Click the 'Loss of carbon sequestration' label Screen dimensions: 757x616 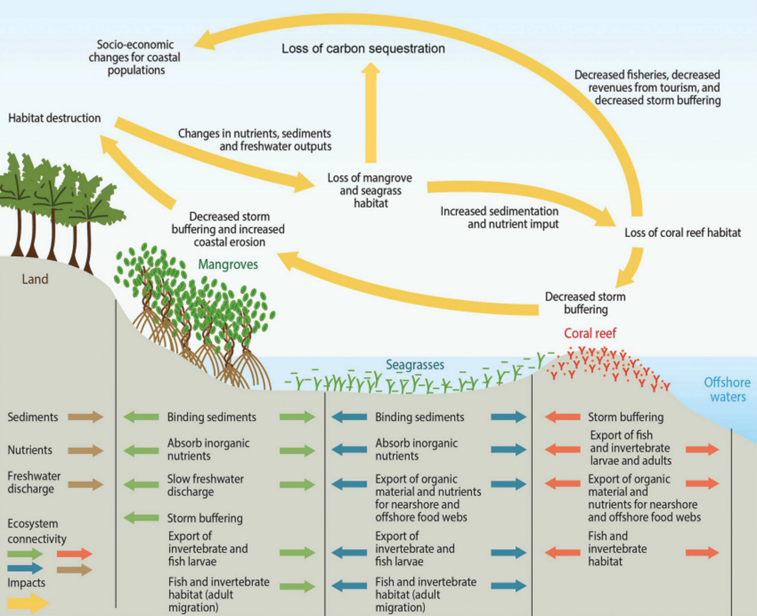[363, 48]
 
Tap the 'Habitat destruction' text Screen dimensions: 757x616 [54, 118]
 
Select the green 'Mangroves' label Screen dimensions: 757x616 [228, 264]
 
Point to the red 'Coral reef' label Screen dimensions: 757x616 [590, 333]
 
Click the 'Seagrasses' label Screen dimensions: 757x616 [415, 365]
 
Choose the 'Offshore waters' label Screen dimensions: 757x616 [727, 390]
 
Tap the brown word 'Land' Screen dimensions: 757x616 [35, 279]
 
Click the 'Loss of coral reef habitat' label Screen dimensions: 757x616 [682, 233]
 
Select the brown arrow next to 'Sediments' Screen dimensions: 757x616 [86, 417]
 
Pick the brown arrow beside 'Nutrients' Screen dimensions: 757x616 [86, 450]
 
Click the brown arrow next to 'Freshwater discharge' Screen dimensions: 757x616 [86, 484]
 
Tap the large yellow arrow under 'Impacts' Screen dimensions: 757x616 [28, 603]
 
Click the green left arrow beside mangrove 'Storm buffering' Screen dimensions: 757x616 [141, 518]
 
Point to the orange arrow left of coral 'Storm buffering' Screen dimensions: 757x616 [562, 417]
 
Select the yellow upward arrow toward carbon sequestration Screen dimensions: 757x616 [371, 112]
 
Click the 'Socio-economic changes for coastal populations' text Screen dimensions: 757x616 [135, 57]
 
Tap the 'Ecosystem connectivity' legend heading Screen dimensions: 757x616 [37, 531]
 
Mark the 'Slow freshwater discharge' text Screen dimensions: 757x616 [205, 485]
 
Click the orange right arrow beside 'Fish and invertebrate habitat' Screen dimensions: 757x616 [702, 552]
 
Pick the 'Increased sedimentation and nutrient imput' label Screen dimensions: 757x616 [499, 218]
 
